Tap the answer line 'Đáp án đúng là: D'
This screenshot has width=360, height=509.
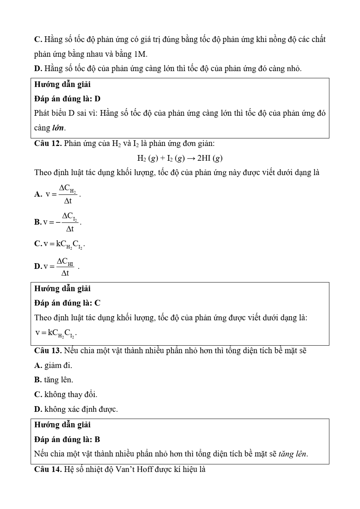(x=67, y=99)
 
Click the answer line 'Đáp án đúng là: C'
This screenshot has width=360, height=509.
(x=67, y=303)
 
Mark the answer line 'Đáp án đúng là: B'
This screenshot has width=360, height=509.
(x=67, y=439)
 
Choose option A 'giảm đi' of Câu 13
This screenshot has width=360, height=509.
(x=53, y=365)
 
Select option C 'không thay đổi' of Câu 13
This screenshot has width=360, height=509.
(x=66, y=394)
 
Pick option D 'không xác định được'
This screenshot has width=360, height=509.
(x=76, y=409)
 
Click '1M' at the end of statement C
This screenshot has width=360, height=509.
(x=140, y=54)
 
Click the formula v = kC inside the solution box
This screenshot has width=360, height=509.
(x=56, y=333)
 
